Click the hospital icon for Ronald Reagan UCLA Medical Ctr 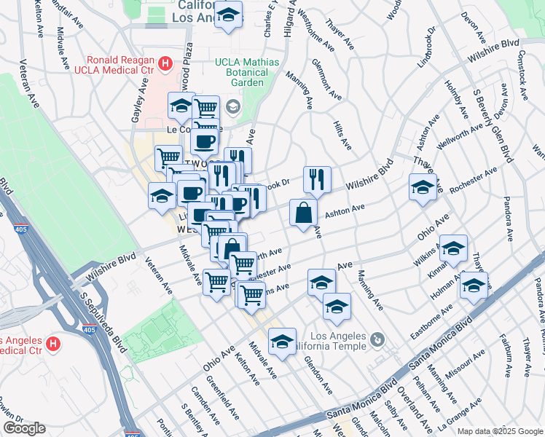[165, 65]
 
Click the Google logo [24, 428]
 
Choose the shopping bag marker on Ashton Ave [304, 213]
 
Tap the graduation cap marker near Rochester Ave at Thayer [423, 188]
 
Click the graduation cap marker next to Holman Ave [474, 285]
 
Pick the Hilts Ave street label [342, 135]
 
